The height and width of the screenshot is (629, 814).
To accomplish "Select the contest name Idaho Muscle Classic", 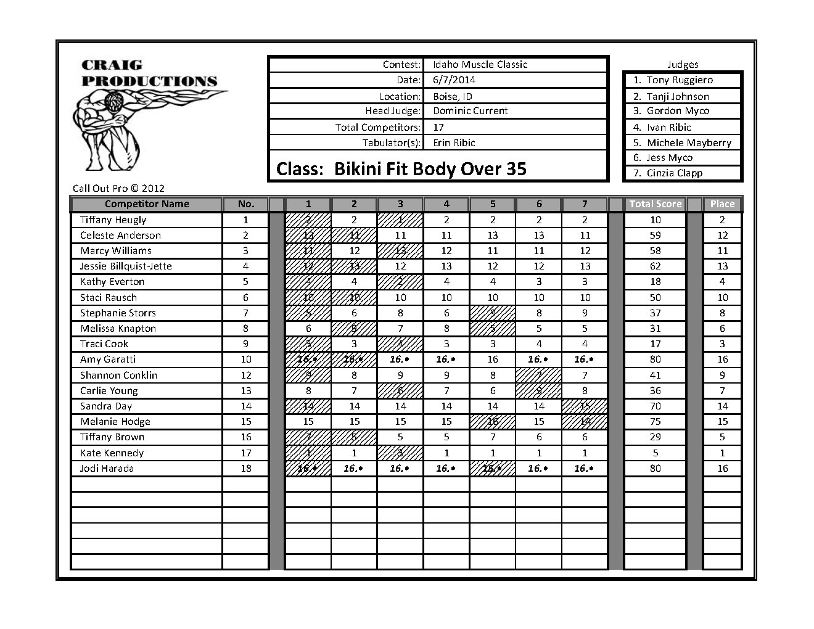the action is point(480,64).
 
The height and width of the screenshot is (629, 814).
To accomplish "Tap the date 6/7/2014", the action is point(454,80).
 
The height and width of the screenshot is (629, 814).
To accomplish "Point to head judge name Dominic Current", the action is point(470,111).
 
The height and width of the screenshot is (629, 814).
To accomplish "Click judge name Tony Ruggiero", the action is point(679,80).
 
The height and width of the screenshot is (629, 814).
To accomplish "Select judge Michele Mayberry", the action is point(688,142).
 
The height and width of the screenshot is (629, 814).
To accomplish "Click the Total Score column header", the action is point(655,204).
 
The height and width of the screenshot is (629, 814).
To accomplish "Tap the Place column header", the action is point(722,204).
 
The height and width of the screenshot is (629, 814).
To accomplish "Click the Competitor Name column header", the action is point(147,204).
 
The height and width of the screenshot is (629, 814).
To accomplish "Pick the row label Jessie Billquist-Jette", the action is point(126,266).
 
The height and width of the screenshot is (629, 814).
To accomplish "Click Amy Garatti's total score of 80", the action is point(655,360).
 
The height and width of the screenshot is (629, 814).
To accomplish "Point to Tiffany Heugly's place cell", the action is point(722,220).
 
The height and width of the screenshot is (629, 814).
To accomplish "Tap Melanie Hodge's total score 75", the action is point(655,422).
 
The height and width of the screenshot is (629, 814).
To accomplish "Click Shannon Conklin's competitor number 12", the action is point(245,375).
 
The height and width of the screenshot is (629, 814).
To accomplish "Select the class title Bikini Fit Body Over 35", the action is point(401,169).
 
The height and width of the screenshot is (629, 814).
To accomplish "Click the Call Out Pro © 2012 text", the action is point(118,189).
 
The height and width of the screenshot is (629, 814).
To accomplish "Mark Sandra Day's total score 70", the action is point(655,406).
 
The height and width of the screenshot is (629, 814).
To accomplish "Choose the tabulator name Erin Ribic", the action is point(454,142).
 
